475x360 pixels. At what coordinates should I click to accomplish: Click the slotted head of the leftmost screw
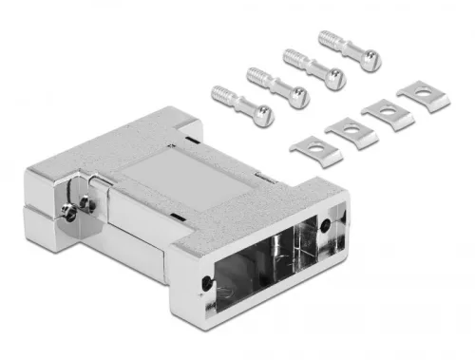tap(262, 117)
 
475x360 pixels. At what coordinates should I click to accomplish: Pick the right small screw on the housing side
tap(86, 202)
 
